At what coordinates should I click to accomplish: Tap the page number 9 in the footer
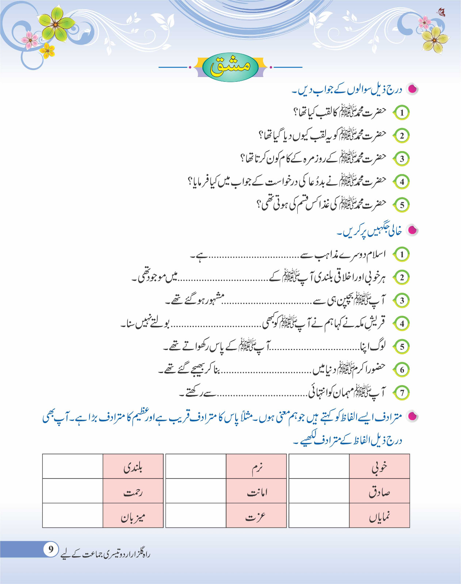51,549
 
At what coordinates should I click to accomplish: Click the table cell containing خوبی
379,466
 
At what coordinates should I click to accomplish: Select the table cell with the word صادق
379,491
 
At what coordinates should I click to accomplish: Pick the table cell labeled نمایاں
379,516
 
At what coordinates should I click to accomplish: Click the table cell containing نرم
256,466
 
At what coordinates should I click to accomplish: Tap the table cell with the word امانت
256,491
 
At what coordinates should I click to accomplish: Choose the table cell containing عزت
256,516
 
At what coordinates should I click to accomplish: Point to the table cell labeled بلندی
133,466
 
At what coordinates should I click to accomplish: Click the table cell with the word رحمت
133,491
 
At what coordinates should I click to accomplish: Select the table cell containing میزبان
133,516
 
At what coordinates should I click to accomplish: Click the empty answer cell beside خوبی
319,466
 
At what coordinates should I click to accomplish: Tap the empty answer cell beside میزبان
73,516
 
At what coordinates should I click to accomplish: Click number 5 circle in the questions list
402,205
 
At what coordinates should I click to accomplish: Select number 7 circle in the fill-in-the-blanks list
402,393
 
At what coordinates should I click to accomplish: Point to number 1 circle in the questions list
402,112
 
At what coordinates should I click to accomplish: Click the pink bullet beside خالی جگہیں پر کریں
412,230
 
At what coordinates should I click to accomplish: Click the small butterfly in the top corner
442,13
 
